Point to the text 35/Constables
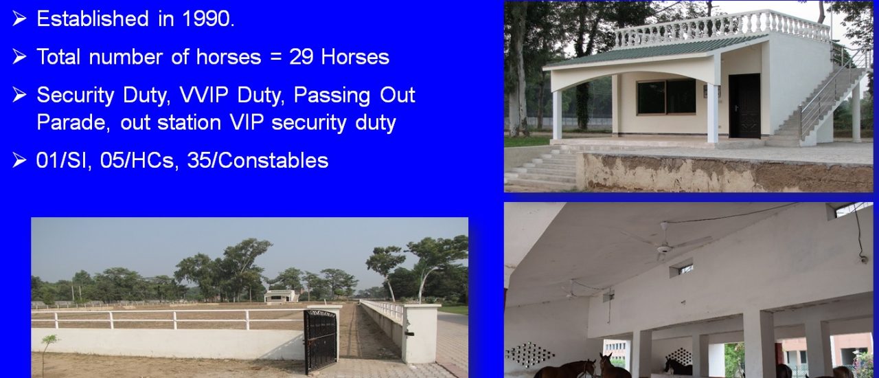[x=258, y=160]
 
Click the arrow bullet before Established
[x=19, y=19]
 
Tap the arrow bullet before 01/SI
[x=19, y=160]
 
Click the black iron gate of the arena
[x=321, y=341]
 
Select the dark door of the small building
[x=744, y=106]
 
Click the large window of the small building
[x=666, y=97]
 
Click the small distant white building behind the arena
[x=279, y=296]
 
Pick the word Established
[x=93, y=19]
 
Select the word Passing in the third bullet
[x=332, y=96]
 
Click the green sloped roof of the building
[x=655, y=51]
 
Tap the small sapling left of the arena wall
[x=49, y=352]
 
